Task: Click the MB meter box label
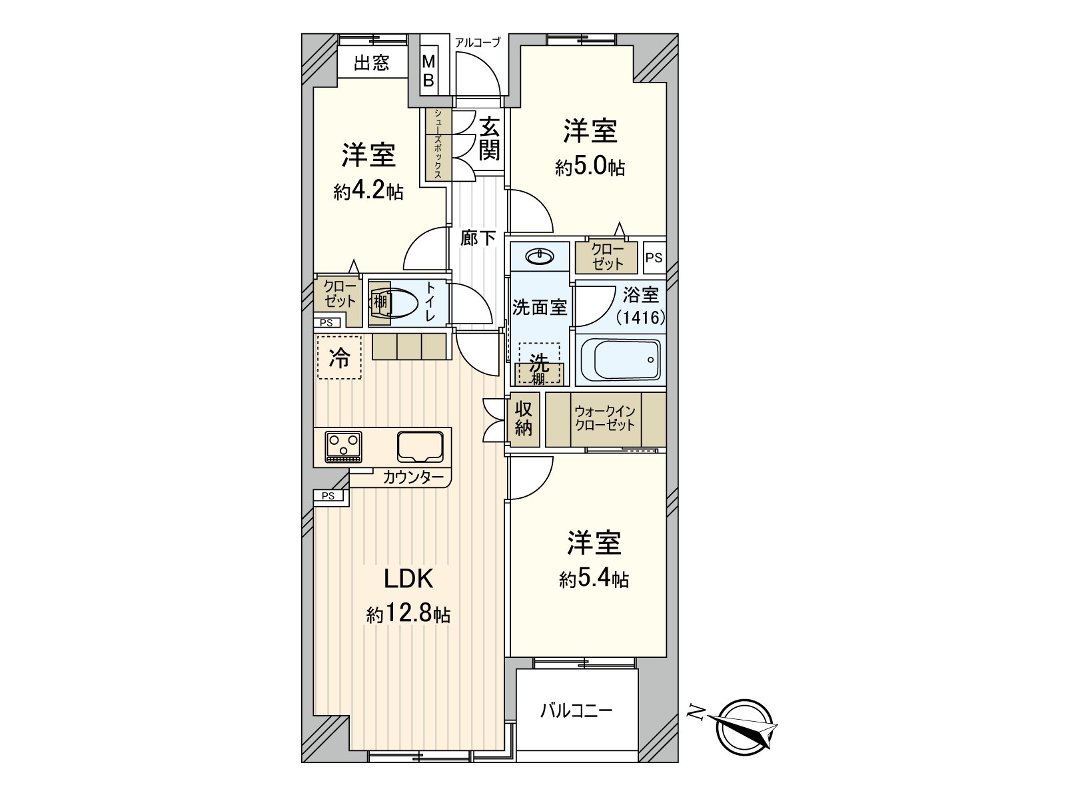click(x=429, y=71)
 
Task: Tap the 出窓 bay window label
click(x=371, y=63)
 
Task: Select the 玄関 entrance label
click(x=488, y=138)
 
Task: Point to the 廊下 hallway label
click(x=478, y=238)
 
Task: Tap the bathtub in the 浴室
click(x=620, y=359)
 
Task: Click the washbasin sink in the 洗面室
click(x=539, y=256)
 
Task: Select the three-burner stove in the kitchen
click(x=343, y=446)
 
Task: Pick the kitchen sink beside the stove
click(x=420, y=446)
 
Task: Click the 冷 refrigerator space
click(x=339, y=358)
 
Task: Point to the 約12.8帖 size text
click(x=408, y=614)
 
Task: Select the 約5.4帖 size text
click(x=593, y=579)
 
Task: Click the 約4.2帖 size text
click(x=368, y=192)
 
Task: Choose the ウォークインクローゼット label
click(x=605, y=419)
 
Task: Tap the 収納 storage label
click(x=524, y=419)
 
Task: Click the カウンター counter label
click(x=412, y=477)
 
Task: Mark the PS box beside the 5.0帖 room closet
click(x=654, y=257)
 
